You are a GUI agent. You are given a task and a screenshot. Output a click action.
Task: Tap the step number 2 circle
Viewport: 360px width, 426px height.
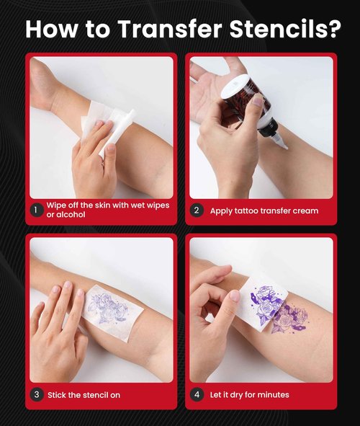[x=197, y=210]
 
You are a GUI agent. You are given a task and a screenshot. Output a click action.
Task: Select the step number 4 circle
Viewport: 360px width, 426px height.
[x=197, y=394]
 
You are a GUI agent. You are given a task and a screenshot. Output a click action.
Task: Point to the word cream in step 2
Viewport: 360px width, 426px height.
[x=302, y=210]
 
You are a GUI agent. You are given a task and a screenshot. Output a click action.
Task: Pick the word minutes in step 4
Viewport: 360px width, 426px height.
[x=273, y=394]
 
